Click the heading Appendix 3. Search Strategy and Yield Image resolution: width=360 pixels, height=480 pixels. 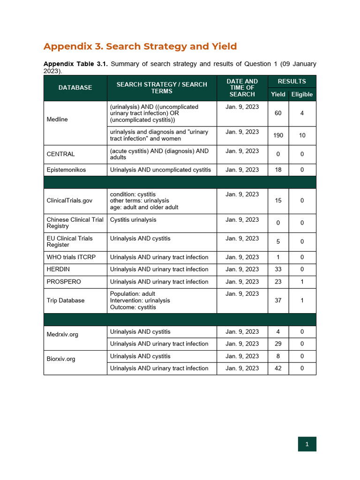pyautogui.click(x=140, y=46)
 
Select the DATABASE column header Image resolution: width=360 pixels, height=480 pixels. pyautogui.click(x=75, y=88)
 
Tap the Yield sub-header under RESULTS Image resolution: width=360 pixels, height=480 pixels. pyautogui.click(x=278, y=94)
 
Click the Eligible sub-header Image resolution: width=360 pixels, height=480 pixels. pyautogui.click(x=302, y=94)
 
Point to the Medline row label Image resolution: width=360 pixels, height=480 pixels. pyautogui.click(x=57, y=120)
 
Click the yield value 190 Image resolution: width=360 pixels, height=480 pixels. pyautogui.click(x=278, y=135)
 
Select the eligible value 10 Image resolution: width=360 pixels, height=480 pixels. pyautogui.click(x=302, y=135)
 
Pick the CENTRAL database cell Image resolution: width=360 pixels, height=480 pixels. pyautogui.click(x=60, y=154)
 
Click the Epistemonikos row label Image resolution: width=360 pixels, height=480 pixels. pyautogui.click(x=66, y=170)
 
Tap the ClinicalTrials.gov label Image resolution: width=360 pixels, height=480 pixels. pyautogui.click(x=69, y=201)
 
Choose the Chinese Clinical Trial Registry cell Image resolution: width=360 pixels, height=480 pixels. pyautogui.click(x=75, y=223)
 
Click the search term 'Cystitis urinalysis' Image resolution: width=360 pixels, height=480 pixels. pyautogui.click(x=133, y=220)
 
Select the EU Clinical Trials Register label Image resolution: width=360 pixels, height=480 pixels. pyautogui.click(x=70, y=241)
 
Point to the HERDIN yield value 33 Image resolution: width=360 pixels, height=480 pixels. pyautogui.click(x=278, y=270)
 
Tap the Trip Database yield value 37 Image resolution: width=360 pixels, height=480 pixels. pyautogui.click(x=278, y=300)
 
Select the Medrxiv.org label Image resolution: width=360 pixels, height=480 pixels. pyautogui.click(x=62, y=335)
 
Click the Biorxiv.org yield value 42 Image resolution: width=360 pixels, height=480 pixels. pyautogui.click(x=278, y=368)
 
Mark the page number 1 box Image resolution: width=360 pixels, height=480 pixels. pyautogui.click(x=307, y=444)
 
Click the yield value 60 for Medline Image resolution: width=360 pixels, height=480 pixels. pyautogui.click(x=278, y=113)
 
